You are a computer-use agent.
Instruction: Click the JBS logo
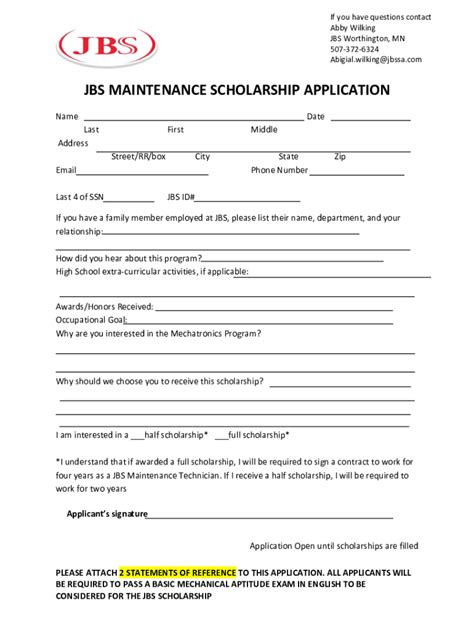click(x=108, y=46)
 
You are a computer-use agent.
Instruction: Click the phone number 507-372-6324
click(x=355, y=49)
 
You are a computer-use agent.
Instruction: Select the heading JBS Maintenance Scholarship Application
click(x=236, y=90)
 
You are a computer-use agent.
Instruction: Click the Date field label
click(x=316, y=117)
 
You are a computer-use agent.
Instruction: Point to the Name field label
click(x=67, y=117)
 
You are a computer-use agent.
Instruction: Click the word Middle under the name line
click(x=264, y=130)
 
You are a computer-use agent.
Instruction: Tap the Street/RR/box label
click(x=138, y=157)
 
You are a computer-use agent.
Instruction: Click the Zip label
click(x=340, y=157)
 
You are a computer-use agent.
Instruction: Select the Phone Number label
click(x=279, y=170)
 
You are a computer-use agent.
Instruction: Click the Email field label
click(x=66, y=170)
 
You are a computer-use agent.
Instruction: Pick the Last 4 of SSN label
click(x=80, y=197)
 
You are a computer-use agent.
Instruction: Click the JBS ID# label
click(x=180, y=197)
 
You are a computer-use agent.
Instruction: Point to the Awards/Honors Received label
click(x=104, y=306)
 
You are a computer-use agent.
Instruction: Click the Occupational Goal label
click(x=89, y=320)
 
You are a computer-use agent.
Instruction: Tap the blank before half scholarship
click(x=137, y=436)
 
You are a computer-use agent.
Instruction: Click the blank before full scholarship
click(x=221, y=436)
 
